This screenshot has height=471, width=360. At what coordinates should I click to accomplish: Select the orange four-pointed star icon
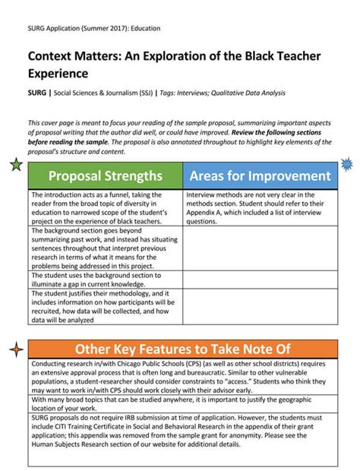point(16,349)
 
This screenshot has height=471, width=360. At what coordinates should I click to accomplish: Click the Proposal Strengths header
point(105,176)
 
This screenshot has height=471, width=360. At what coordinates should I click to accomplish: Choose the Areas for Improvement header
point(260,176)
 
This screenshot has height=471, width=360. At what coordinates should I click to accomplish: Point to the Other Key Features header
point(182,349)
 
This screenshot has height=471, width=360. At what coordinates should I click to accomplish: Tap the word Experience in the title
point(58,74)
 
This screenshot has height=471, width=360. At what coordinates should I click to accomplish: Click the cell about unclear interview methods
point(260,207)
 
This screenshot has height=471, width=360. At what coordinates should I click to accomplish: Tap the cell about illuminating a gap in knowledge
point(105,280)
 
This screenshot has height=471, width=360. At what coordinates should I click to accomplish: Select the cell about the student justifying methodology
point(105,306)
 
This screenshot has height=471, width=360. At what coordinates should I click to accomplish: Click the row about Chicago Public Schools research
point(182,377)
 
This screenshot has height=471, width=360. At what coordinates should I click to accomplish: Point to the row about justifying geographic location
point(182,403)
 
